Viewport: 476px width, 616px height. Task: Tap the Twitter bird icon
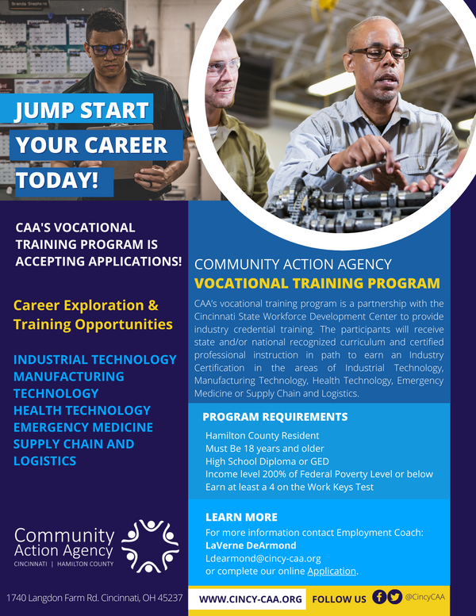point(394,598)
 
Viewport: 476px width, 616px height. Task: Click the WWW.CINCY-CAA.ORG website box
point(251,599)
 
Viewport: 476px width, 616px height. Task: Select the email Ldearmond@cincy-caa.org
point(263,558)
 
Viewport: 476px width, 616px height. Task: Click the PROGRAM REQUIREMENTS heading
point(274,417)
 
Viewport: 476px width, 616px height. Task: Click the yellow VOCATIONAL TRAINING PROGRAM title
point(317,283)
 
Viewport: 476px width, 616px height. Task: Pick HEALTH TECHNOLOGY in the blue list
point(82,410)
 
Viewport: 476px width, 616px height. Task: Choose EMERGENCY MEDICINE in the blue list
point(83,427)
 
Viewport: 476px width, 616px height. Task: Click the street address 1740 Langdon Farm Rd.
point(94,598)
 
